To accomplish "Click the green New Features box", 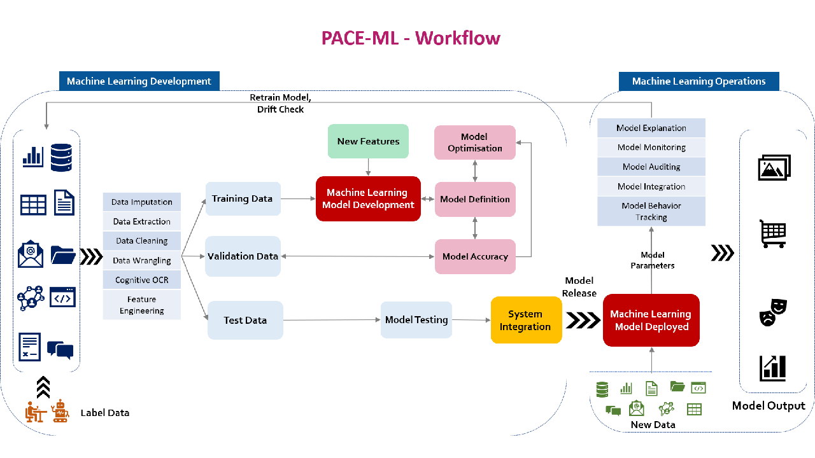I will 368,141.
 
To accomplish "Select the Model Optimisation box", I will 475,142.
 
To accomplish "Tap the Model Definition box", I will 475,199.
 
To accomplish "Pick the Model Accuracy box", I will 475,256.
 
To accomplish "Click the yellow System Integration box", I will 526,320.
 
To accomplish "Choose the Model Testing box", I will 416,319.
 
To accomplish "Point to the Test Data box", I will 245,320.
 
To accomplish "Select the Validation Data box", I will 243,256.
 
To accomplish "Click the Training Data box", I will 243,198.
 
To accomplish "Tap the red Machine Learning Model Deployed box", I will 651,320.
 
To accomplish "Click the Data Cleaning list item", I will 142,241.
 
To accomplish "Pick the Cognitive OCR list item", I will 142,280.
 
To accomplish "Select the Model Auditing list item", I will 651,167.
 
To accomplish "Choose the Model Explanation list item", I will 651,128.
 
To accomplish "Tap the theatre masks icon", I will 774,312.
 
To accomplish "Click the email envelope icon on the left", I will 31,254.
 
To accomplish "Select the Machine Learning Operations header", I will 698,81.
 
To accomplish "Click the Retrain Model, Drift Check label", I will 280,103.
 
